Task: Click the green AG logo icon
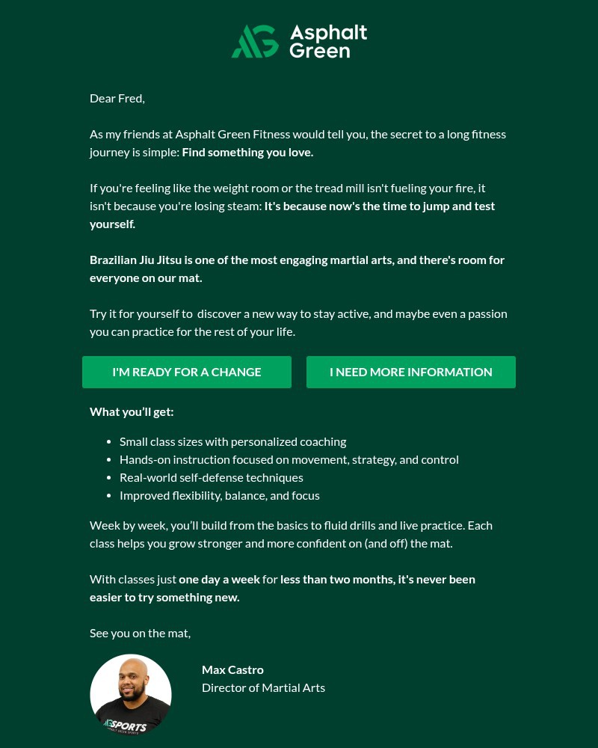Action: (x=255, y=41)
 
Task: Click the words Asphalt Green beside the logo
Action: (x=328, y=41)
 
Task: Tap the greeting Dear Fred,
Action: (x=117, y=98)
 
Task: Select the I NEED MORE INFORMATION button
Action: (x=411, y=372)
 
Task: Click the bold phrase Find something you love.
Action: (x=247, y=152)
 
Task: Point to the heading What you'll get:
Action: (x=132, y=411)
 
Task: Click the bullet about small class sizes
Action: (x=232, y=441)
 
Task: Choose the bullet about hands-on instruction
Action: (x=289, y=459)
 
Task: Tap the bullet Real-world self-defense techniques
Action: (x=211, y=477)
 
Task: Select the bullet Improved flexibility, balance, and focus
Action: (x=219, y=495)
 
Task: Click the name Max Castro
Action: (x=232, y=669)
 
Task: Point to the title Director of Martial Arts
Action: (x=263, y=687)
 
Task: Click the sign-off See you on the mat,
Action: (x=140, y=633)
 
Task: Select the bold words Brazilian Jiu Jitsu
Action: (x=135, y=260)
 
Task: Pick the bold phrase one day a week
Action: (x=219, y=579)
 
